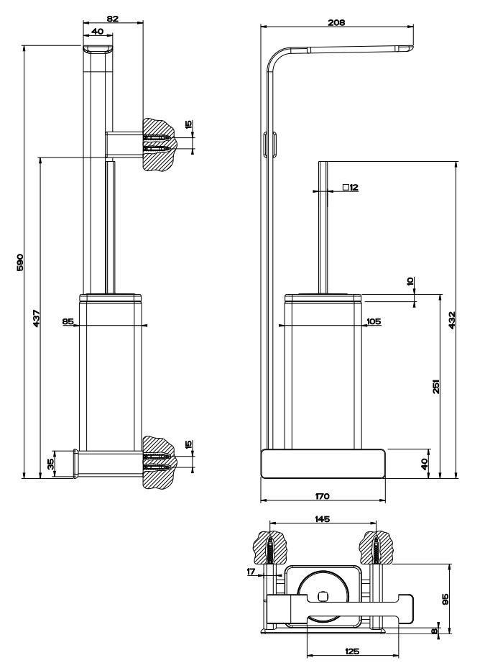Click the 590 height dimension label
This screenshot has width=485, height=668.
coord(20,261)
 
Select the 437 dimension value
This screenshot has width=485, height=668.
coord(36,317)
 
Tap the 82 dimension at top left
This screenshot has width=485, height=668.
coord(113,19)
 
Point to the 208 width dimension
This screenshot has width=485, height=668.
coord(336,22)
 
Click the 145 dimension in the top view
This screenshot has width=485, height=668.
coord(322,518)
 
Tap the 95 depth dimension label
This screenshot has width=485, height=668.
coord(445,599)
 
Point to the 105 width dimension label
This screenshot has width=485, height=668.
coord(374,321)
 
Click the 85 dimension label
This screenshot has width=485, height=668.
coord(68,322)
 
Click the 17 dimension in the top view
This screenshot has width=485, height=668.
coord(250,572)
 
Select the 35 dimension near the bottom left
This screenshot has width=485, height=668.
coord(50,464)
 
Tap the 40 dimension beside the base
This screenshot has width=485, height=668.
coord(424,464)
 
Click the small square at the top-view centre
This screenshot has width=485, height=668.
coord(323,596)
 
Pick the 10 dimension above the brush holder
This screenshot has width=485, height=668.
coord(412,282)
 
